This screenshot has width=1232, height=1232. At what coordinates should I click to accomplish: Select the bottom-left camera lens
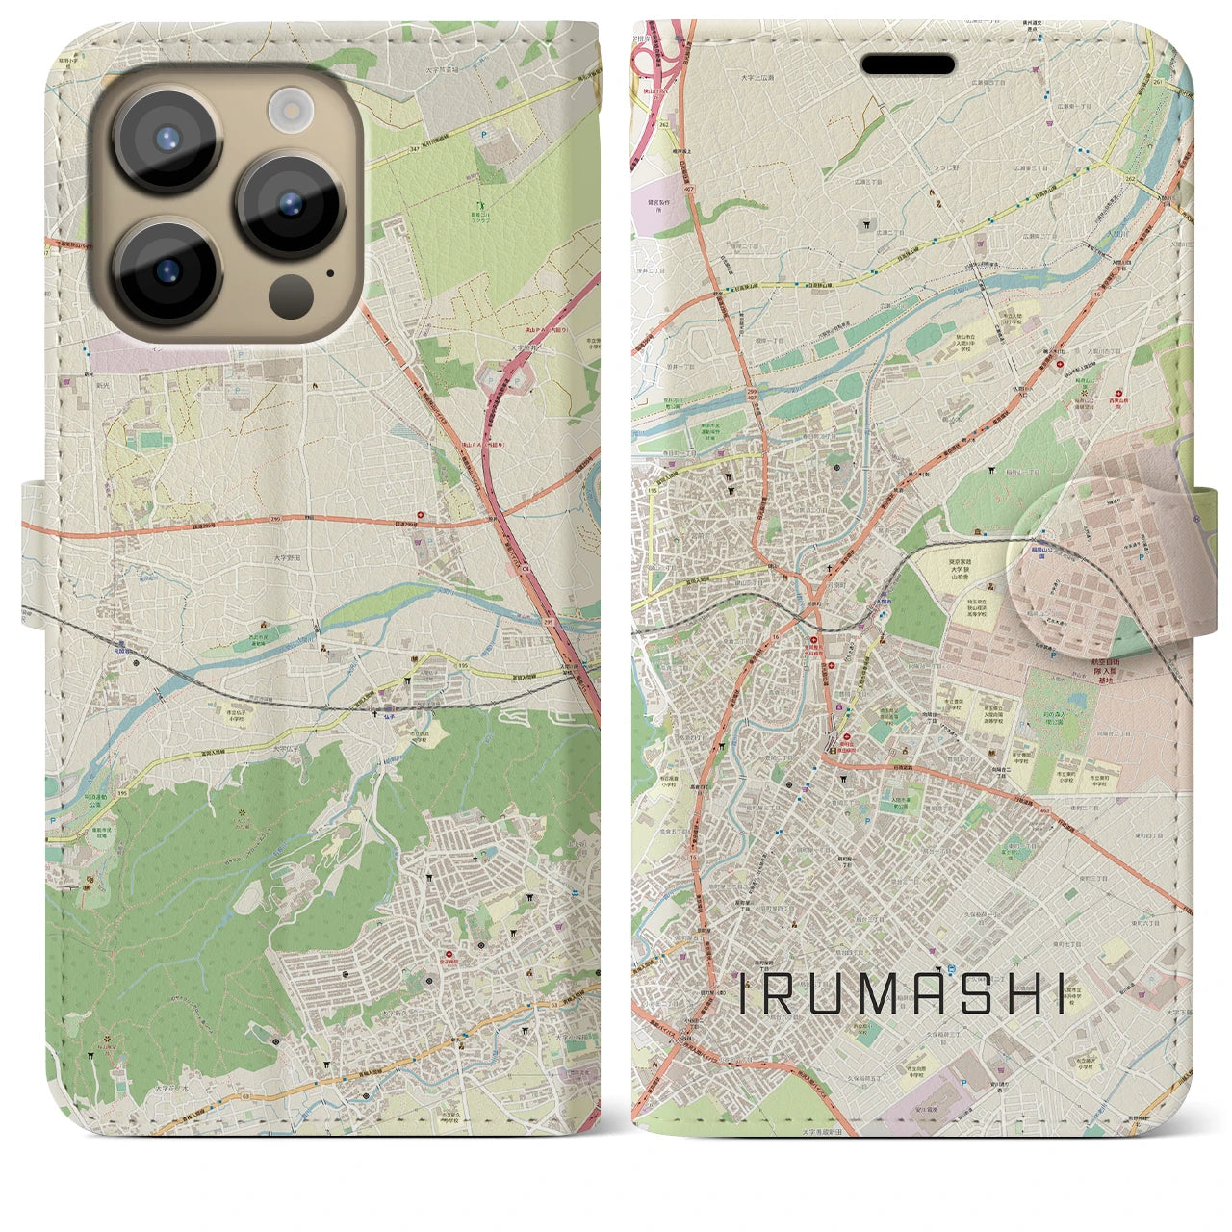167,272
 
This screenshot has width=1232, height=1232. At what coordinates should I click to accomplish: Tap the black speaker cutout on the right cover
908,64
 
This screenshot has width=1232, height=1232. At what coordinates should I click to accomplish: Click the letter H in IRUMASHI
1018,993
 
